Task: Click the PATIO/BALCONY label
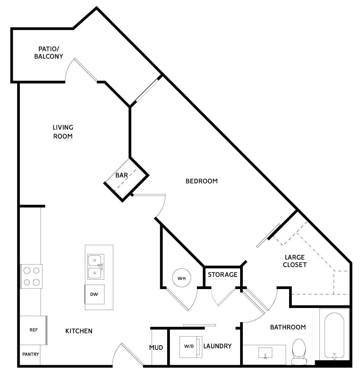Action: coord(49,53)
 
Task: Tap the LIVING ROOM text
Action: coord(63,132)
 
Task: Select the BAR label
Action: coord(122,175)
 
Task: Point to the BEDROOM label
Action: coord(202,181)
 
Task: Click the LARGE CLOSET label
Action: coord(295,261)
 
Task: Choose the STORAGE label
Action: coord(223,275)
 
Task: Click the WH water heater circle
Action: coord(182,278)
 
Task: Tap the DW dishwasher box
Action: coord(95,294)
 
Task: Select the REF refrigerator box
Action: coord(33,330)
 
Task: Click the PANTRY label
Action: coord(30,354)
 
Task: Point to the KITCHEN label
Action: coord(79,331)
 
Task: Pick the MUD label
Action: coord(156,348)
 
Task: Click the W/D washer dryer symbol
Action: coord(191,347)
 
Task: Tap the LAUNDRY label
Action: coord(217,346)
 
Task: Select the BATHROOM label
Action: coord(288,327)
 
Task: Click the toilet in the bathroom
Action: coord(299,352)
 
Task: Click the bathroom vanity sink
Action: coord(265,353)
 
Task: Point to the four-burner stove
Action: coord(31,276)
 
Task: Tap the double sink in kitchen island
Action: coord(96,267)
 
